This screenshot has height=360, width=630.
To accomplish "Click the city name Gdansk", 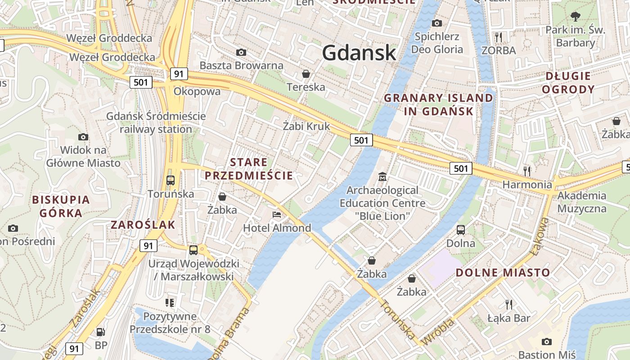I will pos(359,53).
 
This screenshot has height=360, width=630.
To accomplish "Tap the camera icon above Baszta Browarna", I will pos(241,52).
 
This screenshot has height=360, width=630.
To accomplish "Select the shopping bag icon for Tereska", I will pos(306,73).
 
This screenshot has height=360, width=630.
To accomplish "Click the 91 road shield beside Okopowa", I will pos(179,74).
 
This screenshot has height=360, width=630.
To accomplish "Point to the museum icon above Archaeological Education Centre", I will pos(382,176).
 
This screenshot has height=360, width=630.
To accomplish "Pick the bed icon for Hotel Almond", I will pos(277,215).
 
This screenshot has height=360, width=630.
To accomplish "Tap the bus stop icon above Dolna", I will pos(461,230).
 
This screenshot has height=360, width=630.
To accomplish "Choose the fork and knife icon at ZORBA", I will pos(498,36).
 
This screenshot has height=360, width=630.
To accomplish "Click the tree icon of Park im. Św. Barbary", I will pos(575,17).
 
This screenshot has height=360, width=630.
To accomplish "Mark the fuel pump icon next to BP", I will pos(101,332).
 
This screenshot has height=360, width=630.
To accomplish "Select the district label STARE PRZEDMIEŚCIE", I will pos(249,169).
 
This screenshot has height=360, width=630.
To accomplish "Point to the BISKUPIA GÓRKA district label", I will pos(61,206).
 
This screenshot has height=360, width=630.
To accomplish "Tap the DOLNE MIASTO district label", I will pos(503,272).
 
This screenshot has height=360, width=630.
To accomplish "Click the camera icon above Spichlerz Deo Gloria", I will pos(436,23).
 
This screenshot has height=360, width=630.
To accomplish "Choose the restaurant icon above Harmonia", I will pos(527,171).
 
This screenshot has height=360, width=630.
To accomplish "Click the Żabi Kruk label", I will pos(306,126).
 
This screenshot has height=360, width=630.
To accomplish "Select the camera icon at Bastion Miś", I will pos(546,342).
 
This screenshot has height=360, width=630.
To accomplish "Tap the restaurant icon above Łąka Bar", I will pos(509,305).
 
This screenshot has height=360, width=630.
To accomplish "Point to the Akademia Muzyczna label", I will pos(582,202).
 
